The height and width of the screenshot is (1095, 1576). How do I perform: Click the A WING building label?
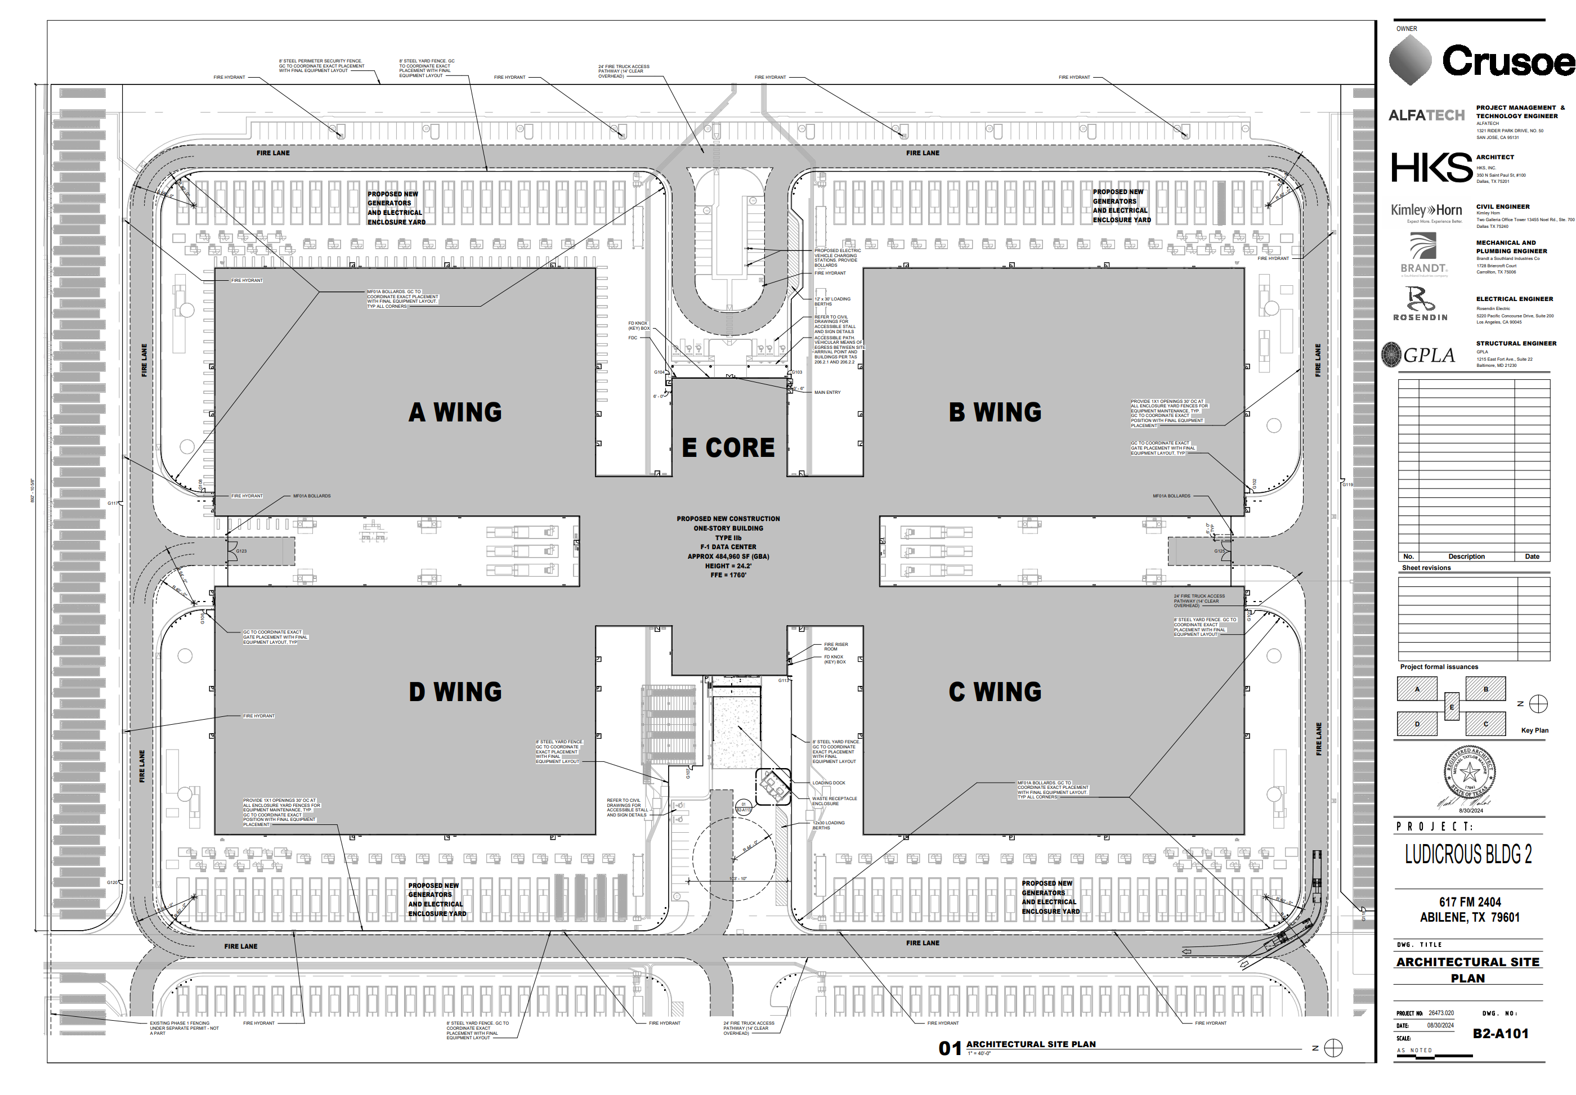pos(455,412)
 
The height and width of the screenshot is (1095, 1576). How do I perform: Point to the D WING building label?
pos(455,692)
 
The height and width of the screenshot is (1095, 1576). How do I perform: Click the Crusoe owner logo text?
pos(1508,62)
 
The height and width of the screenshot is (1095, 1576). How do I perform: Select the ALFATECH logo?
pos(1426,115)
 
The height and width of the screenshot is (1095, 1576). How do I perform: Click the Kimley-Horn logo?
pos(1426,210)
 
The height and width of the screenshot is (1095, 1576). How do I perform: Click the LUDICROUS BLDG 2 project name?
pos(1467,855)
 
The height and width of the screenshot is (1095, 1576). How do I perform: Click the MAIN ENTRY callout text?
pos(827,392)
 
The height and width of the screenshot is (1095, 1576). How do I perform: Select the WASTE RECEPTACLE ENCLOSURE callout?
pos(834,801)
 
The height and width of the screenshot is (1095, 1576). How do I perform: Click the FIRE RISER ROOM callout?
pos(835,647)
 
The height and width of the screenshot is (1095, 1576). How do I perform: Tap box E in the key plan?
pos(1451,707)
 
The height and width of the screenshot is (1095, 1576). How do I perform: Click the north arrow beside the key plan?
pos(1538,704)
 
